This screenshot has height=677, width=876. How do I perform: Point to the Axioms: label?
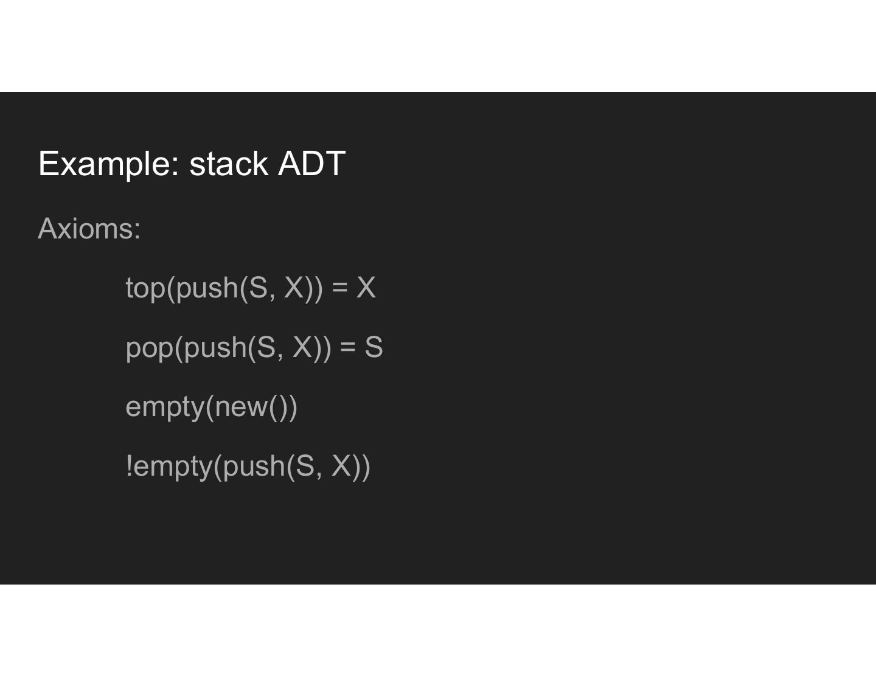[89, 229]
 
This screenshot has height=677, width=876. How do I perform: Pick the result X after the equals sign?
[366, 287]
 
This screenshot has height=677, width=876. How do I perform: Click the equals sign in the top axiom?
[340, 288]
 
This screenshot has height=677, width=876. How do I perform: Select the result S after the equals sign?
[374, 347]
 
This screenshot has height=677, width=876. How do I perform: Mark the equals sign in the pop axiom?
[348, 348]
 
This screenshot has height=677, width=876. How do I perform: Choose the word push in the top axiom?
[206, 288]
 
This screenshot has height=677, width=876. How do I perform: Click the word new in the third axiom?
[241, 406]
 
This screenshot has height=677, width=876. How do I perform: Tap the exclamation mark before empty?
[129, 466]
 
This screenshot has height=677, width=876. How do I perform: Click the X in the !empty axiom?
[342, 466]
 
